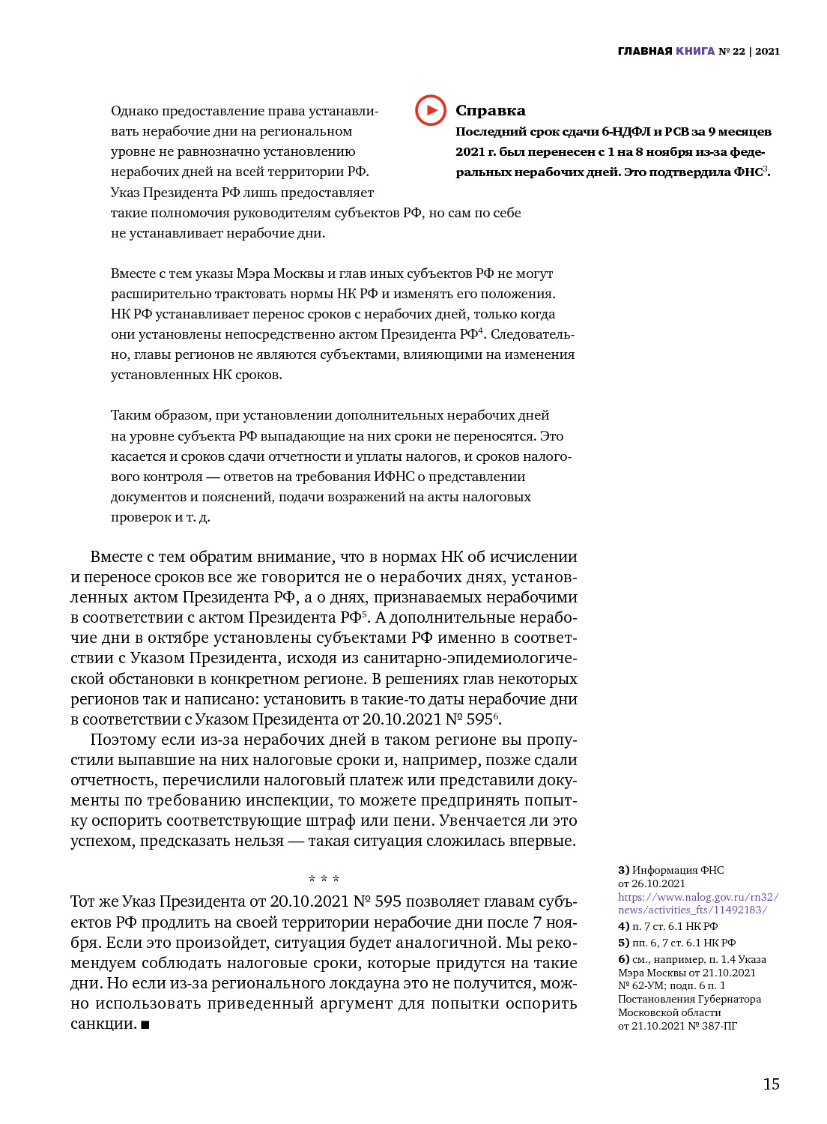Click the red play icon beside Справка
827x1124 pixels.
coord(431,110)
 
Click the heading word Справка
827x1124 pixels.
coord(491,111)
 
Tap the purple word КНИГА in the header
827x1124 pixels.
coord(695,51)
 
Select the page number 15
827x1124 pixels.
coord(771,1084)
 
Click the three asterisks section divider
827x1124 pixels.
coord(324,879)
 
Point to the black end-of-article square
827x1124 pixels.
coord(145,1024)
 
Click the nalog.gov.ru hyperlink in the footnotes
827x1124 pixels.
coord(698,904)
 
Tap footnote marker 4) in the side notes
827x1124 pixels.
coord(623,926)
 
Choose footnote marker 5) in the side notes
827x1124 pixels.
coord(623,943)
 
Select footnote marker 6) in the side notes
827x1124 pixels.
coord(623,959)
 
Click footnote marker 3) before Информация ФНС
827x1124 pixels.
coord(623,870)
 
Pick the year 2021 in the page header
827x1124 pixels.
coord(767,51)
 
